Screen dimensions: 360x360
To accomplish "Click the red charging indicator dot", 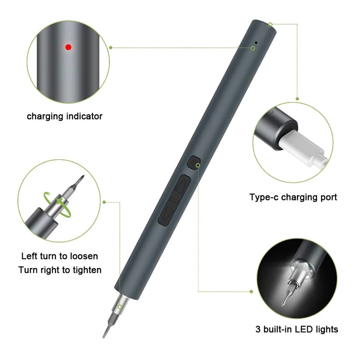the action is coord(68,47).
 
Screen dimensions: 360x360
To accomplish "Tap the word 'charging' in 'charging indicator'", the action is coord(45,117).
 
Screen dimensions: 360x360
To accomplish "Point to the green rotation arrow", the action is coord(58,204).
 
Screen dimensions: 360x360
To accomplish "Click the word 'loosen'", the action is coord(84,256).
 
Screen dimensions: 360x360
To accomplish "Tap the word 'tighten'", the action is coord(87,270).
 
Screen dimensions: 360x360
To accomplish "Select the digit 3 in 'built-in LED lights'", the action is coord(258,329).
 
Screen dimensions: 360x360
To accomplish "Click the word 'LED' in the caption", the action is coord(304,329).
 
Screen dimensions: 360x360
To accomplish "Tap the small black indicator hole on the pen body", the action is coord(256,42).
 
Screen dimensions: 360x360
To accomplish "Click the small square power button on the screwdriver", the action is coord(194,162).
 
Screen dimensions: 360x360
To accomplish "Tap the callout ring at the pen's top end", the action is coord(270,25).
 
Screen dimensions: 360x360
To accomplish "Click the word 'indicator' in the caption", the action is coord(84,116).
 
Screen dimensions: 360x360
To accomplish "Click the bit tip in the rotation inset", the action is coord(83,176).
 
